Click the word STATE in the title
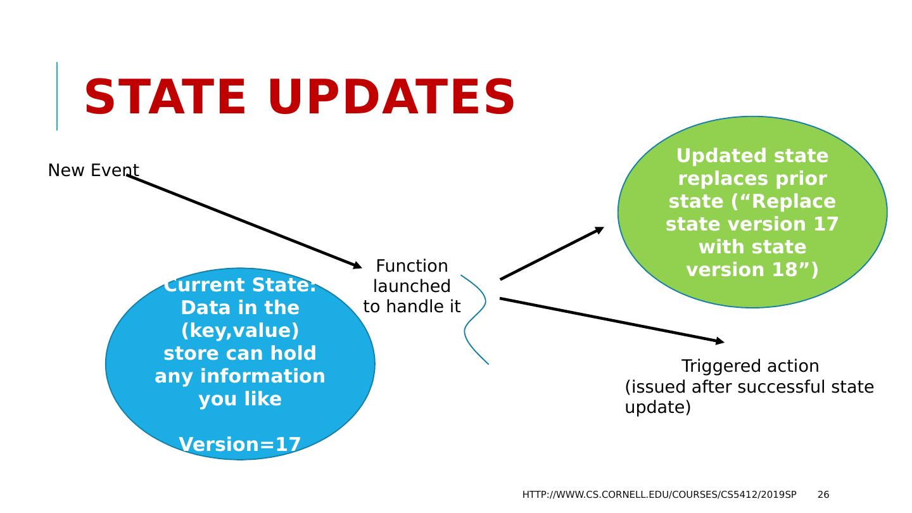165,98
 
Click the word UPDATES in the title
391,98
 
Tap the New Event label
93,170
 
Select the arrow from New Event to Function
244,221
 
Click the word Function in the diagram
412,266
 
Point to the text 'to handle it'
412,307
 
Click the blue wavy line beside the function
475,319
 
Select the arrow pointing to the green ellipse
552,253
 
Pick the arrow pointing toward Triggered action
611,320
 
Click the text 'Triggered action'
750,366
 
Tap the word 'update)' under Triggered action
657,407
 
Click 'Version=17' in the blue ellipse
240,445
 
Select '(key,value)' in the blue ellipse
240,331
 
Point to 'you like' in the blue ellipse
240,399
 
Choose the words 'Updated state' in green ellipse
752,156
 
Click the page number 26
823,495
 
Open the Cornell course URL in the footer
659,495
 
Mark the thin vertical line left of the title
57,96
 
